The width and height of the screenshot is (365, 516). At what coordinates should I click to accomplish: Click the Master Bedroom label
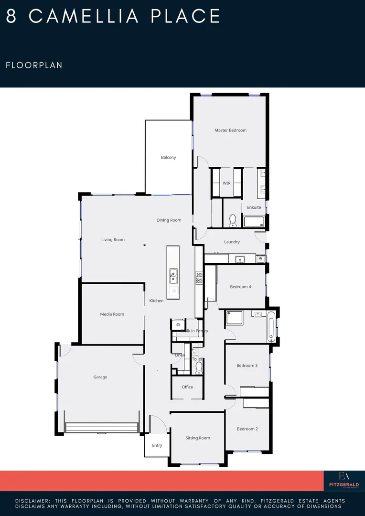230,130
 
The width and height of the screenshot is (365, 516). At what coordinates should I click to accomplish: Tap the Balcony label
168,157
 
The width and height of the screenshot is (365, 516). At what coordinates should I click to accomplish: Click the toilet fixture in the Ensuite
233,220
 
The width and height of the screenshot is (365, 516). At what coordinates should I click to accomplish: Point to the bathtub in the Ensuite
254,221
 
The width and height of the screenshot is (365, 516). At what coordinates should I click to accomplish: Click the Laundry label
232,242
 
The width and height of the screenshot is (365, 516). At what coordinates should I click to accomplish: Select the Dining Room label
169,220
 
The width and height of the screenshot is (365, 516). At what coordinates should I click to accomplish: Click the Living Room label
113,240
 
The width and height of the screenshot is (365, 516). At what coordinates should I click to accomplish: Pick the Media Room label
112,314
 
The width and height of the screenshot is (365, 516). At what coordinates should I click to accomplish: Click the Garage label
100,377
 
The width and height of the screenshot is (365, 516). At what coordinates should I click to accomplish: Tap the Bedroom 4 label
240,287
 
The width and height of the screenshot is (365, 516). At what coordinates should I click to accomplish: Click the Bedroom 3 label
247,366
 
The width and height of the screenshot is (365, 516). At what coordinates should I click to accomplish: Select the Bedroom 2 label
247,429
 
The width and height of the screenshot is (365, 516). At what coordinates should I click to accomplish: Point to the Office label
187,387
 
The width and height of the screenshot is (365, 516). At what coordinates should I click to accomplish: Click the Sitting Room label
198,438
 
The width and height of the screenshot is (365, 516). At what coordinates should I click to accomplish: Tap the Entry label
157,445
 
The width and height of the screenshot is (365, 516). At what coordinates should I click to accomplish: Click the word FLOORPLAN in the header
34,65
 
